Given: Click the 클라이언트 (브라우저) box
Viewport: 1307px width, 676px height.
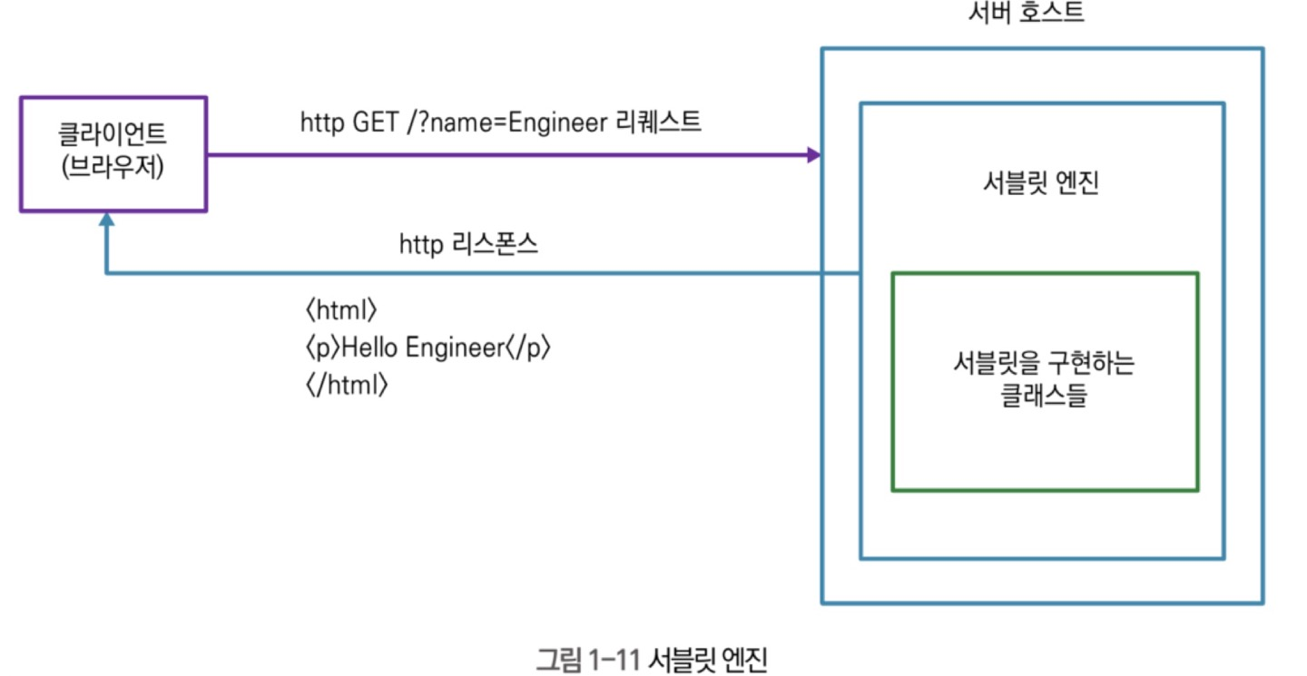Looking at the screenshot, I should click(x=113, y=154).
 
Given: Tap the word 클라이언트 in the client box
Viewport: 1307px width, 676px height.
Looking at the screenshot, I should click(x=113, y=137).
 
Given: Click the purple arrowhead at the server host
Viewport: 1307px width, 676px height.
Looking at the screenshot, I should click(x=814, y=155).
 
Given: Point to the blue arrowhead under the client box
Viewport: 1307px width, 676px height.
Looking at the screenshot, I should click(x=107, y=220).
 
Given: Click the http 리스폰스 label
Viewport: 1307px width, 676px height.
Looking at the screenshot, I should click(x=468, y=245).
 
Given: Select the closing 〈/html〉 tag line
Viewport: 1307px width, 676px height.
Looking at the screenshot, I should click(x=348, y=385).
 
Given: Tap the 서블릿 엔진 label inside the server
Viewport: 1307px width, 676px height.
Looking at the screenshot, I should click(x=1041, y=184).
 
